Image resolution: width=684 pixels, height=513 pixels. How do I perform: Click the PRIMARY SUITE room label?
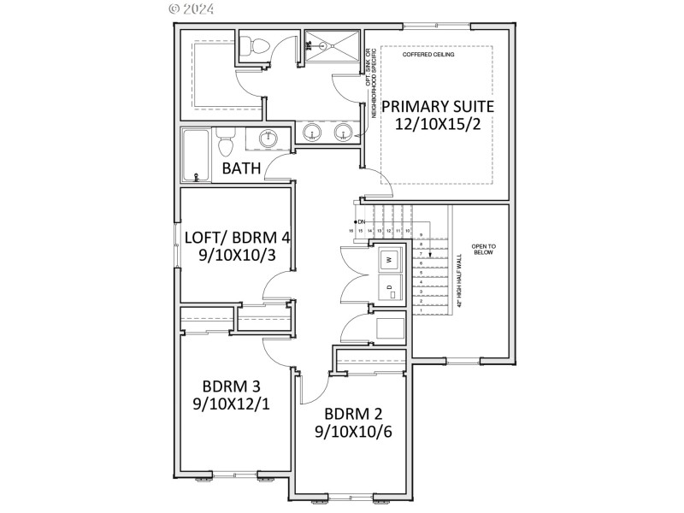point(437,106)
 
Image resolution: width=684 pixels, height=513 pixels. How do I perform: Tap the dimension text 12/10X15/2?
point(437,124)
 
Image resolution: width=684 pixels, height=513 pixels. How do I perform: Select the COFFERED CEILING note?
point(428,55)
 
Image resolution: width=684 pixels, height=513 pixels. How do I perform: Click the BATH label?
point(241,168)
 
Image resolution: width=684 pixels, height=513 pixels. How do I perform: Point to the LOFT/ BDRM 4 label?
point(237,237)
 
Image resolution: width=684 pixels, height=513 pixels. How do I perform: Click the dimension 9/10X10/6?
point(353,433)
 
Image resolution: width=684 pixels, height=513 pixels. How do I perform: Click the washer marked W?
point(389,258)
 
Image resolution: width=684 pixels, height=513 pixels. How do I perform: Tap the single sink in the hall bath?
point(268,138)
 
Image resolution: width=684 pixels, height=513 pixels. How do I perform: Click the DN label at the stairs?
point(362,222)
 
